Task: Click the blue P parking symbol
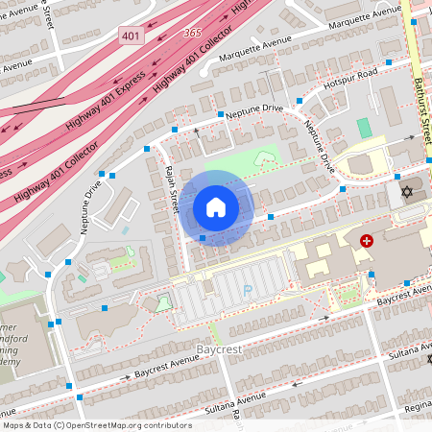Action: tap(248, 289)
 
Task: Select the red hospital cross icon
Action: tap(366, 241)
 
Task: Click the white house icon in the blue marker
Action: tap(216, 207)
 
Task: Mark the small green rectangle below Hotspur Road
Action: tap(364, 128)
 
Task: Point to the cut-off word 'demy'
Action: tap(12, 376)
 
